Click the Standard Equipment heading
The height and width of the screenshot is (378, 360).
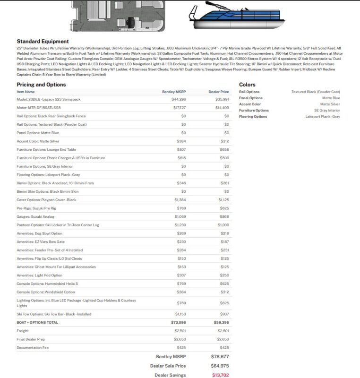(43, 42)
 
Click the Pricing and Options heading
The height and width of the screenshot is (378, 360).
(41, 85)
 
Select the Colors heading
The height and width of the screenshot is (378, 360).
(247, 85)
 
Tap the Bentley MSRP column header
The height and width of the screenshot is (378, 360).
(174, 92)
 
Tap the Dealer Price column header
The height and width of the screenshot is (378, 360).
(218, 92)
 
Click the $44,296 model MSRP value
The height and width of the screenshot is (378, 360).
(179, 99)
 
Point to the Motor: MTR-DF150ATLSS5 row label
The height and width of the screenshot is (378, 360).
(38, 108)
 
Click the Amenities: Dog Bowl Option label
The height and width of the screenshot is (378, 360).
(39, 233)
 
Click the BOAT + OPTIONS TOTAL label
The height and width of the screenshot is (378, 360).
(37, 322)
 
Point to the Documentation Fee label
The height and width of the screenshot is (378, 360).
(33, 348)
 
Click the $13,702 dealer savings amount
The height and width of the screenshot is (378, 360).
(220, 375)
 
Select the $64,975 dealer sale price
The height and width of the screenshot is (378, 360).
(220, 366)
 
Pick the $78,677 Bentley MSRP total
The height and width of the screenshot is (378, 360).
(220, 357)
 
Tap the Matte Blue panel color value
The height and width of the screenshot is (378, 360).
(330, 98)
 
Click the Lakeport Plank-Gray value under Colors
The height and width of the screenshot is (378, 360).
(322, 116)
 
